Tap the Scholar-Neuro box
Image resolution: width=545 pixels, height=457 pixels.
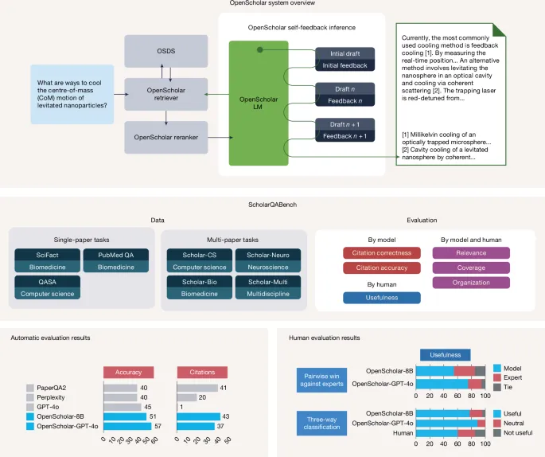click(x=267, y=260)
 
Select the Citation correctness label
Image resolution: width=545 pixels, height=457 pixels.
click(x=366, y=253)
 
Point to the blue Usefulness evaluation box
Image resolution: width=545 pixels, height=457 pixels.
click(x=366, y=297)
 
